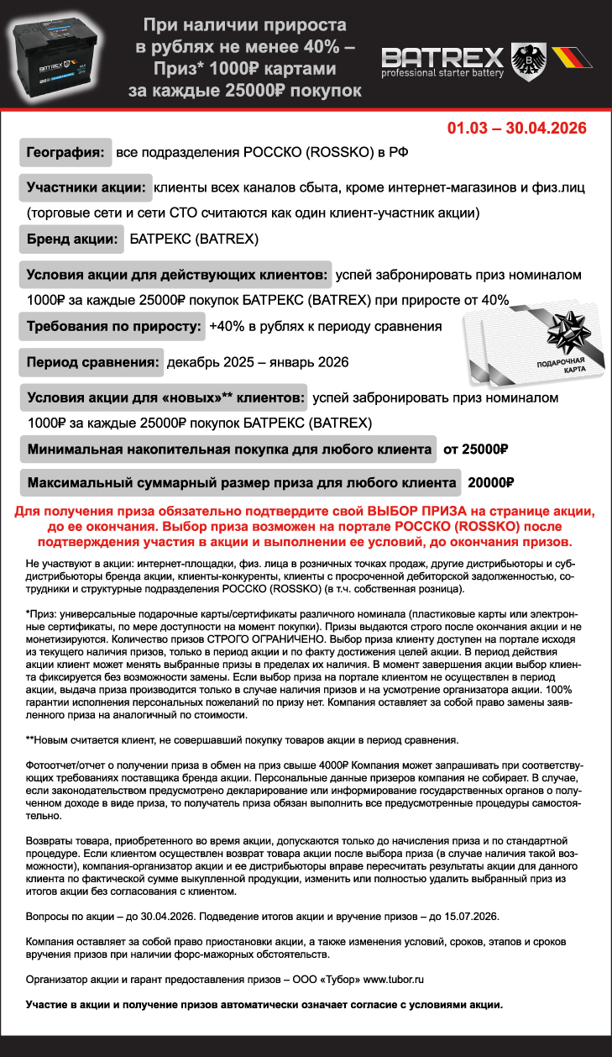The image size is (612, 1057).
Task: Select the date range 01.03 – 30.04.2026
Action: click(516, 129)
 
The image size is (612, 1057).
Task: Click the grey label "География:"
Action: click(65, 153)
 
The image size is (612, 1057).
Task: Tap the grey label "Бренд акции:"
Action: click(71, 239)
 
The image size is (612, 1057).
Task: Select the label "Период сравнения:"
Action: click(92, 363)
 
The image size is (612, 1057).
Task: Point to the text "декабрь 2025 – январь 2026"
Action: click(258, 363)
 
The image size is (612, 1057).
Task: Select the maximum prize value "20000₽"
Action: click(490, 483)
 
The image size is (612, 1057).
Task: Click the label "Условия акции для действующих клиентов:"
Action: click(175, 275)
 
